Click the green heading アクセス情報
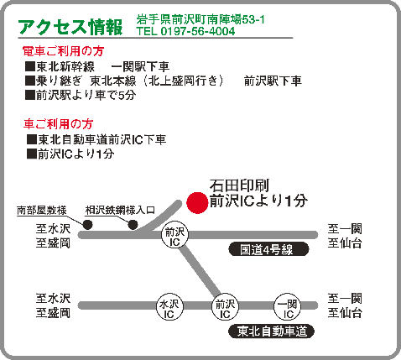pos(70,27)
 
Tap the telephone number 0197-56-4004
pos(198,31)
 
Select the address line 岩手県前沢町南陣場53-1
pos(200,19)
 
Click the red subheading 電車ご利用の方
pos(63,51)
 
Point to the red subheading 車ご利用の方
pos(58,124)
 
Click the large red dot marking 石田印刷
pos(197,203)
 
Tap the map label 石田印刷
pos(239,185)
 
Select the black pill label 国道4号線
pos(268,249)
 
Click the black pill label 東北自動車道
pos(271,331)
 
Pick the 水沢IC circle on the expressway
pos(169,307)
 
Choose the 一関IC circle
pos(288,307)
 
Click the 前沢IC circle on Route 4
pos(174,234)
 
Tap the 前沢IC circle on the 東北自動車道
pos(225,307)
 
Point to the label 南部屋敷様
pos(42,211)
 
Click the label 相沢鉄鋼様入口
pos(120,211)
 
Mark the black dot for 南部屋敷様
pos(88,225)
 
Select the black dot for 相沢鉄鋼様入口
pos(133,225)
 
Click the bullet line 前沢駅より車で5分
pos(81,95)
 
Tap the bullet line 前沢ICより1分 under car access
pos(70,154)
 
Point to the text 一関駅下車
pos(140,66)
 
